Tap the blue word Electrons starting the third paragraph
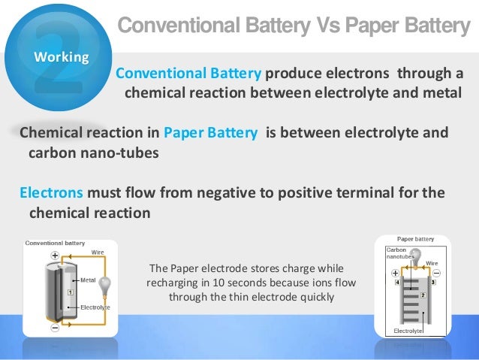[51, 193]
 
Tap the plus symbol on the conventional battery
[55, 255]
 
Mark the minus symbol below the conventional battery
[55, 328]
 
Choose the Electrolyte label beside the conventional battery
[95, 307]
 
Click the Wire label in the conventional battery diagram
[98, 253]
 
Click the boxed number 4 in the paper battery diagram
[396, 283]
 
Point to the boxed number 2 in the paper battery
[422, 295]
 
